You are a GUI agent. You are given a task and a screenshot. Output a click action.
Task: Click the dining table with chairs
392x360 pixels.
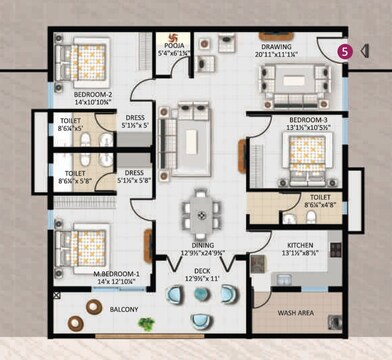tap(201, 212)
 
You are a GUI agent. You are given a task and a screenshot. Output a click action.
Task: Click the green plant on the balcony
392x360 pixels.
tap(147, 324)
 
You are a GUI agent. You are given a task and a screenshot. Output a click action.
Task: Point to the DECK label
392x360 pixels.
tap(202, 270)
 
